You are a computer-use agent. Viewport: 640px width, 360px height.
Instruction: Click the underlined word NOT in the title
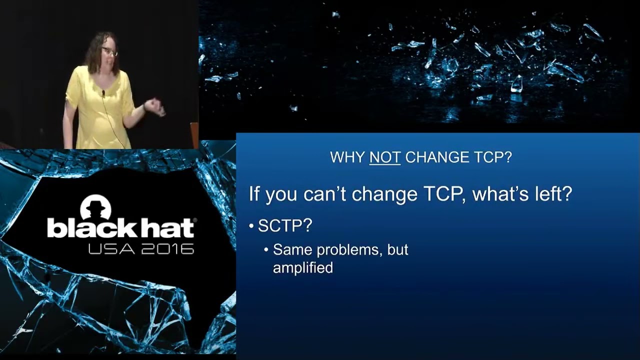click(384, 157)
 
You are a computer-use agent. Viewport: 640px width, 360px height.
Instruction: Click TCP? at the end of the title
click(492, 157)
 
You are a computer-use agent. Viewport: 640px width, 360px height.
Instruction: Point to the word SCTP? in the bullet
click(285, 226)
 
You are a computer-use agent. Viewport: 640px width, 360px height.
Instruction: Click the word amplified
click(302, 268)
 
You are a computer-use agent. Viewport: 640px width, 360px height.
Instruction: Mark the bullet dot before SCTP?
click(252, 226)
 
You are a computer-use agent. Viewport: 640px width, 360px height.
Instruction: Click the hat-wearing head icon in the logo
click(95, 207)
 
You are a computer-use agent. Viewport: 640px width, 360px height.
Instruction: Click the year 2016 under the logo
click(167, 248)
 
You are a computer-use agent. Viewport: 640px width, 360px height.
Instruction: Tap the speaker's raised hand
click(155, 106)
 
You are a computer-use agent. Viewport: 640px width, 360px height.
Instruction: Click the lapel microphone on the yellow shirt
click(103, 93)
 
